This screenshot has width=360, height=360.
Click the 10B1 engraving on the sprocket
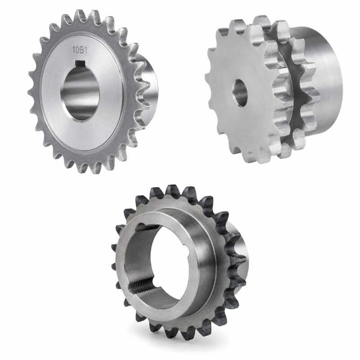pos(80,50)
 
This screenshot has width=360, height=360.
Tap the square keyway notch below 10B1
pos(79,62)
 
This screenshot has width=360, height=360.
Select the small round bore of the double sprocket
pos(240,93)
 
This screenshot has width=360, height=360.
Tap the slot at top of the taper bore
pos(147,227)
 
